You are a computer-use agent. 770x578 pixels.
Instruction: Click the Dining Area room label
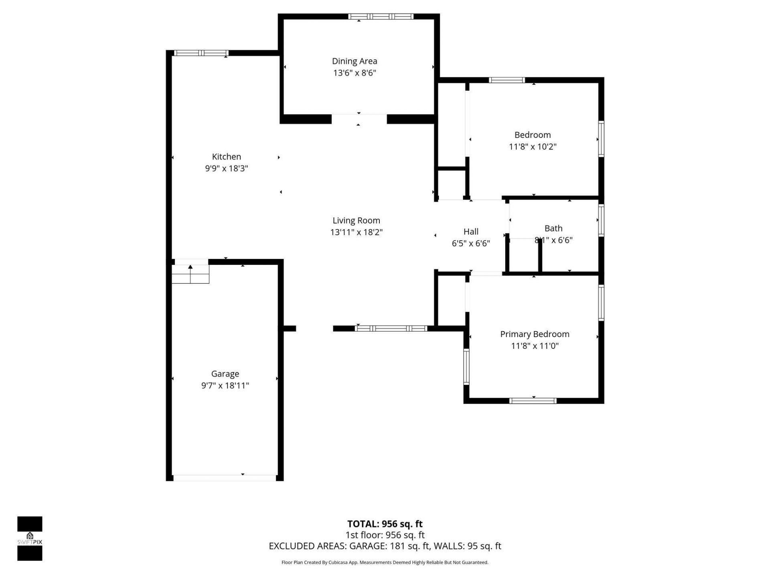pos(355,61)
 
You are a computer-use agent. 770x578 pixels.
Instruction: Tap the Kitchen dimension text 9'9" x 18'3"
pos(227,168)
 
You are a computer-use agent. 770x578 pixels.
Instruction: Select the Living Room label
pos(356,220)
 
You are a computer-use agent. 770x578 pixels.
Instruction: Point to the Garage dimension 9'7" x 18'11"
pos(225,385)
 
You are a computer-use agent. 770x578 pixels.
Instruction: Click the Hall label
pos(471,232)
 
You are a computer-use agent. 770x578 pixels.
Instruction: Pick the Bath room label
pos(553,228)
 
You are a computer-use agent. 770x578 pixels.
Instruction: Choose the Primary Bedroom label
pos(535,334)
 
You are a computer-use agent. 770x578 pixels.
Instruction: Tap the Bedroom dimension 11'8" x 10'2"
pos(533,147)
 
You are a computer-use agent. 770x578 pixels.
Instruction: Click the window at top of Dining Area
pos(381,16)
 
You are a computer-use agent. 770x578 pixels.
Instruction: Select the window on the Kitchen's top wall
pos(201,53)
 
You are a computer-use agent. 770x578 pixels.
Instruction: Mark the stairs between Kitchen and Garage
pos(190,274)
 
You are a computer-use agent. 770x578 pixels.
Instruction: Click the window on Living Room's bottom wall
pos(391,328)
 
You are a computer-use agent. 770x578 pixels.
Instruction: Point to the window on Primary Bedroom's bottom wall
pos(533,401)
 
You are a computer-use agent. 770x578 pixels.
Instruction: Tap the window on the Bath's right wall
pos(601,220)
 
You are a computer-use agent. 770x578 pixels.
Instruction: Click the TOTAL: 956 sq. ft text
pos(385,524)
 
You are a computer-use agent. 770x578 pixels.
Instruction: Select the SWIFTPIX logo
pos(30,538)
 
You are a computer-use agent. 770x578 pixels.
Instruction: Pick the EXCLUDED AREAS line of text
pos(385,546)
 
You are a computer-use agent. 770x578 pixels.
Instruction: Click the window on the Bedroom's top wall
pos(507,80)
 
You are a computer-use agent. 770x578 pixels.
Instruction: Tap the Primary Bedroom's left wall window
pos(466,366)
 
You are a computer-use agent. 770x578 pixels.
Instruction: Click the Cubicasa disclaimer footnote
pos(385,562)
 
